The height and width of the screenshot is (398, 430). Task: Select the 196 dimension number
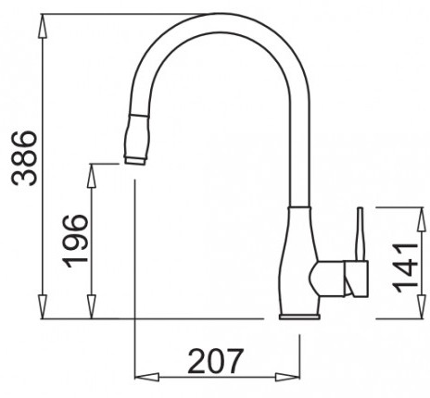click(76, 240)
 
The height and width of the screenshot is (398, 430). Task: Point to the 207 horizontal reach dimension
click(217, 361)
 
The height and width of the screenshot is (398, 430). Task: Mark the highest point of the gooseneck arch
click(222, 20)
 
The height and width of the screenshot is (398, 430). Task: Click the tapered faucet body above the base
click(299, 259)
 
